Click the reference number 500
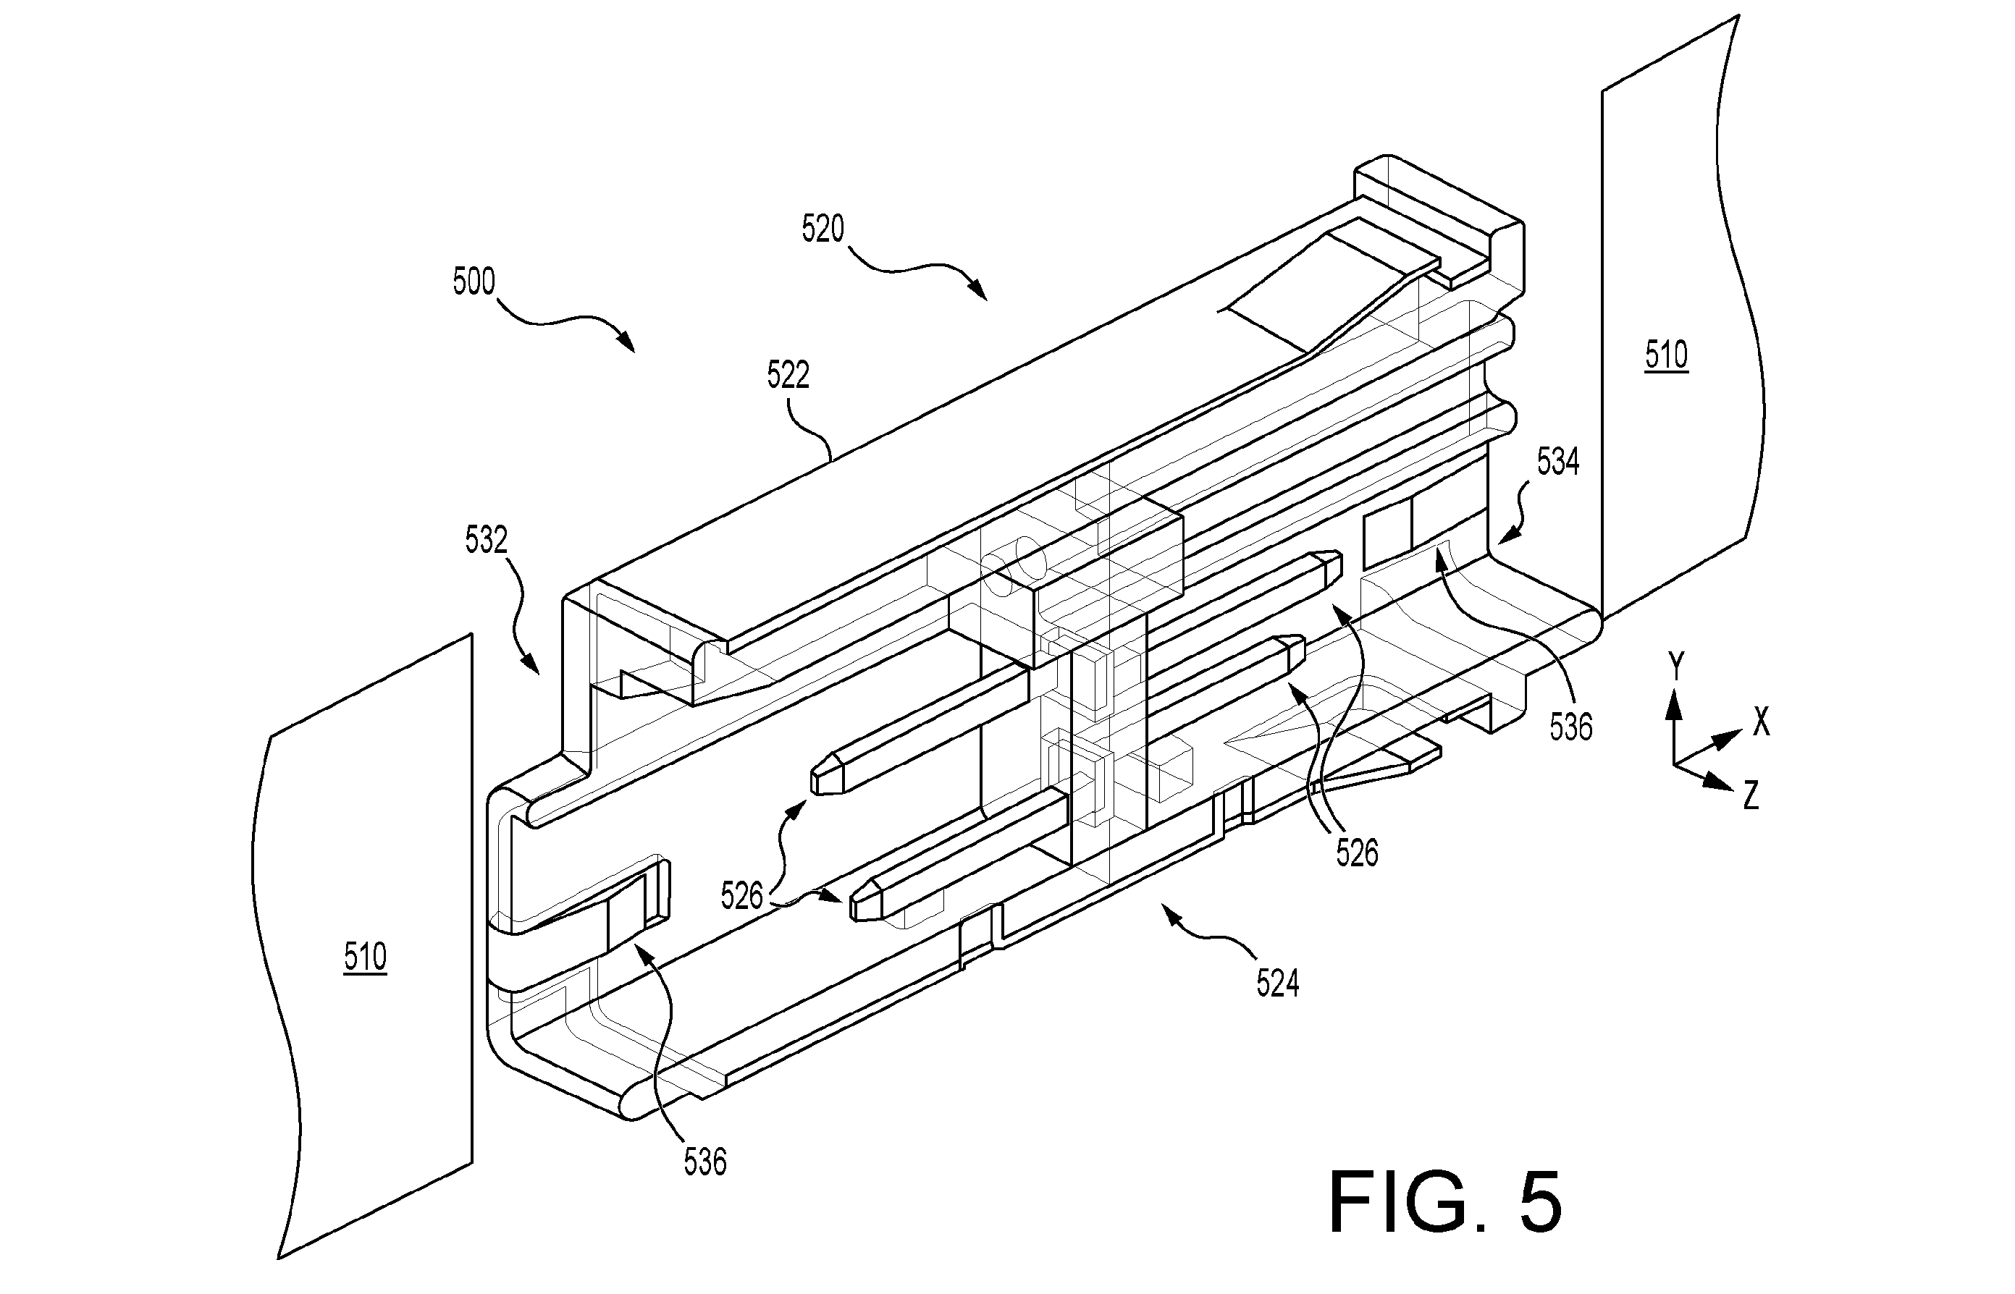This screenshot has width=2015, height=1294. [x=474, y=282]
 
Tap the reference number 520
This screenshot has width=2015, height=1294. [x=823, y=229]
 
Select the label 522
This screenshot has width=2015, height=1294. [x=788, y=375]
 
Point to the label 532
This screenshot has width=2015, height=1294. [x=487, y=541]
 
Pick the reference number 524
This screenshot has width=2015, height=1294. [x=1278, y=983]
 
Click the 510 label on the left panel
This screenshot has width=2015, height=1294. [x=365, y=957]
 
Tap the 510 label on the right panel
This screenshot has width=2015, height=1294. [x=1666, y=355]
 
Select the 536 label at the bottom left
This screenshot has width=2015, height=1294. [x=704, y=1162]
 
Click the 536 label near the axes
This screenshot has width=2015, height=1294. [x=1571, y=727]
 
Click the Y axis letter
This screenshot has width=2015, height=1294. [x=1676, y=667]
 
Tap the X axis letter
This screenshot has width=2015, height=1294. [x=1761, y=722]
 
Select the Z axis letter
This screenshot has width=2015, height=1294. [x=1751, y=795]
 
